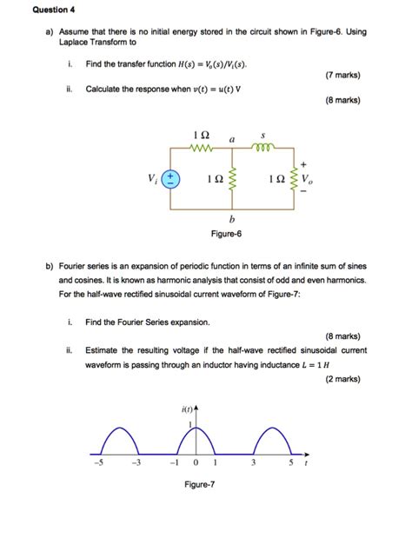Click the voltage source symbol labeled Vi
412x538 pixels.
172,178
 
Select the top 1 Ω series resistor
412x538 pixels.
203,149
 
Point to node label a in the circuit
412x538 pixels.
232,138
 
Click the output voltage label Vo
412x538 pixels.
309,181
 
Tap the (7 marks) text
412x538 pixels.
343,75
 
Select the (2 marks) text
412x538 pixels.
342,379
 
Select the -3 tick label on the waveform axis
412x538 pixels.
135,462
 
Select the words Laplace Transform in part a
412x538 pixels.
97,41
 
